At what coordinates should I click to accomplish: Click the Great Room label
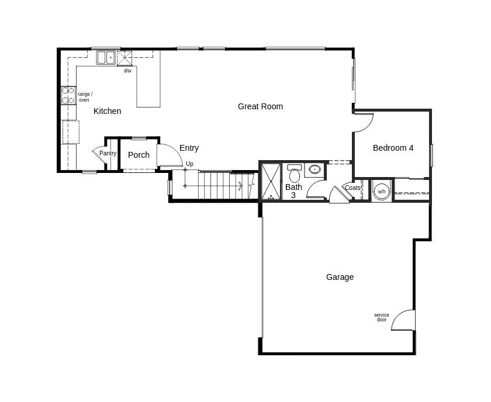coord(260,106)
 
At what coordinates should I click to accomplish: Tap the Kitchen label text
coord(107,111)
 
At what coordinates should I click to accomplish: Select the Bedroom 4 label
coord(393,148)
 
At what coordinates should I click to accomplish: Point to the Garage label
coord(340,277)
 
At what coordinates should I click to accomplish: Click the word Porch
coord(139,155)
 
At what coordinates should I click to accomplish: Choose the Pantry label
coord(108,154)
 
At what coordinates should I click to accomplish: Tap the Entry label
coord(189,148)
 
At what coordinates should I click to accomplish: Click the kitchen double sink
coord(106,57)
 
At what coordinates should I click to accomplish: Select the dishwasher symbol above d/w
coord(125,58)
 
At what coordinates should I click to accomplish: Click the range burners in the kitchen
coord(68,96)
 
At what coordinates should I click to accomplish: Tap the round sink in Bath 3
coord(314,169)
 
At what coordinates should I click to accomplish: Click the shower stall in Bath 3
coord(271,181)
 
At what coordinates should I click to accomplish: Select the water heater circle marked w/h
coord(381,191)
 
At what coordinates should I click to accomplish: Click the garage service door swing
coord(404,320)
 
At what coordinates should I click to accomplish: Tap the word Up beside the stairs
coord(189,164)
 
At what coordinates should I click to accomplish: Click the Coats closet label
coord(352,188)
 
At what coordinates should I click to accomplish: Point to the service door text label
coord(381,317)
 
